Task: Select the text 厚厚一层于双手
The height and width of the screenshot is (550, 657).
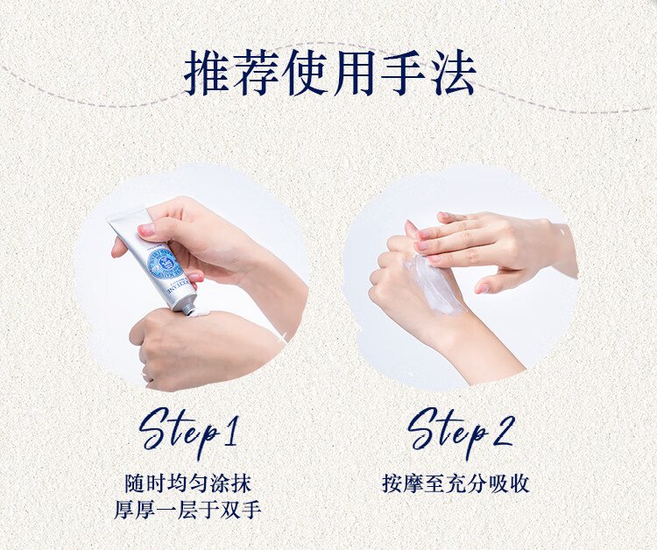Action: point(188,510)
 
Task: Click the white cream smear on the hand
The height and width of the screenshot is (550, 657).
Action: point(434,285)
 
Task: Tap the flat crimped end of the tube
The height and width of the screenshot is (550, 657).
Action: point(129,219)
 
